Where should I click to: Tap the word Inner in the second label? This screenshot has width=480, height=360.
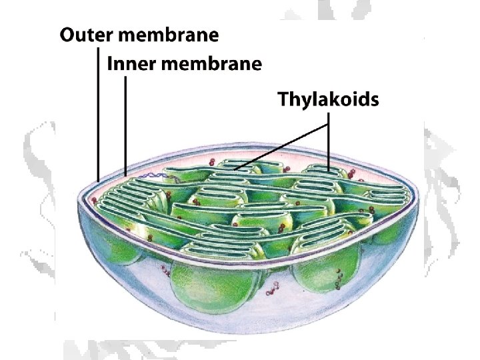(x=128, y=65)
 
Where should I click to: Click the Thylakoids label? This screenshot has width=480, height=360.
(x=328, y=100)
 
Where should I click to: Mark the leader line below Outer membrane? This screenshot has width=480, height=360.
(x=99, y=113)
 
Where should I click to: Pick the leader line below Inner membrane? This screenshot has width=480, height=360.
(x=125, y=123)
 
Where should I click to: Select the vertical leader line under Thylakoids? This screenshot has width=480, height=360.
(x=329, y=143)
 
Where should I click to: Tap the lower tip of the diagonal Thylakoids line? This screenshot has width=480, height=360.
(x=235, y=169)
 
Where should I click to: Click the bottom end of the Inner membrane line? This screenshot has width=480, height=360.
(x=125, y=175)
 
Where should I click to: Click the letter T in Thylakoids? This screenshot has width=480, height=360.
(x=283, y=100)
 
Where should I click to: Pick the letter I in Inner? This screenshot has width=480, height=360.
(x=110, y=65)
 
